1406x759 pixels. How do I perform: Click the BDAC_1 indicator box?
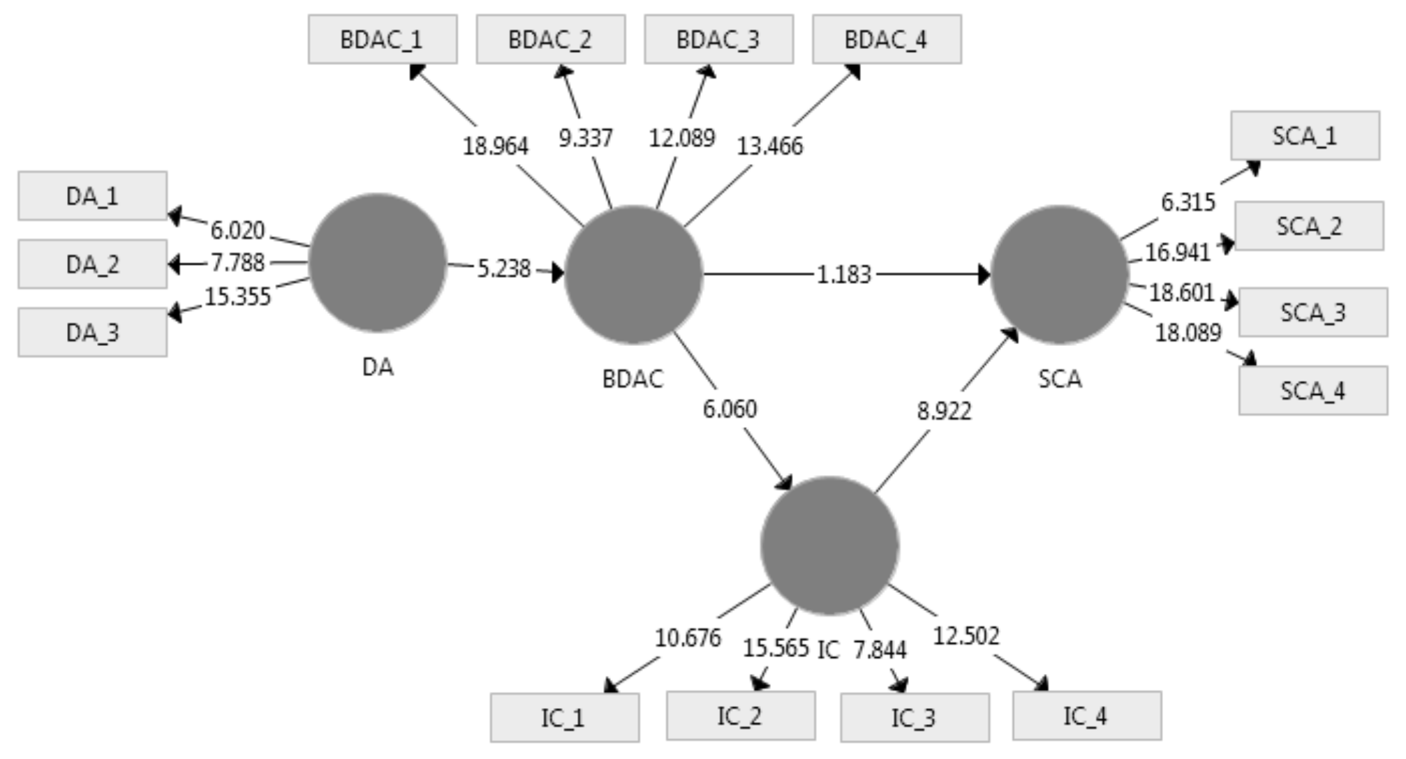[383, 40]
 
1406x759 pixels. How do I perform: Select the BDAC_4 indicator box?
[887, 40]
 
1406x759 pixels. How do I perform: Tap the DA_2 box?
[92, 264]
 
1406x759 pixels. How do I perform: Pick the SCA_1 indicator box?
[1305, 135]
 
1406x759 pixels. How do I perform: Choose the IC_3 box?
[915, 717]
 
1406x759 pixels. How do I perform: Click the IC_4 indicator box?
[1087, 716]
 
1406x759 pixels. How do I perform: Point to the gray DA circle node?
[378, 263]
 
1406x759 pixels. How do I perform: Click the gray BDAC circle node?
[632, 274]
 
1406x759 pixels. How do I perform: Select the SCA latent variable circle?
[1059, 274]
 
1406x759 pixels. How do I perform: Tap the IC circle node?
[829, 545]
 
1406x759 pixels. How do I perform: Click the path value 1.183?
[844, 275]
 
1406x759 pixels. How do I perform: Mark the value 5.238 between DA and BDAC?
[504, 269]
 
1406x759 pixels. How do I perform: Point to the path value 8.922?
[944, 411]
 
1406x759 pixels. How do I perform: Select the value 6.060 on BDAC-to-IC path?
[730, 409]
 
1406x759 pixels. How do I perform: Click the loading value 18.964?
[496, 146]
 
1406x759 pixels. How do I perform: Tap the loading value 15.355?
[237, 297]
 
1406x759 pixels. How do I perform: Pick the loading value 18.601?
[1182, 293]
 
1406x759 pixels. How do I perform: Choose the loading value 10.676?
[688, 638]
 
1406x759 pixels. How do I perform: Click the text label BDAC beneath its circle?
[632, 379]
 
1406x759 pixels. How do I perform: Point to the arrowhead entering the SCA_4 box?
[1249, 359]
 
